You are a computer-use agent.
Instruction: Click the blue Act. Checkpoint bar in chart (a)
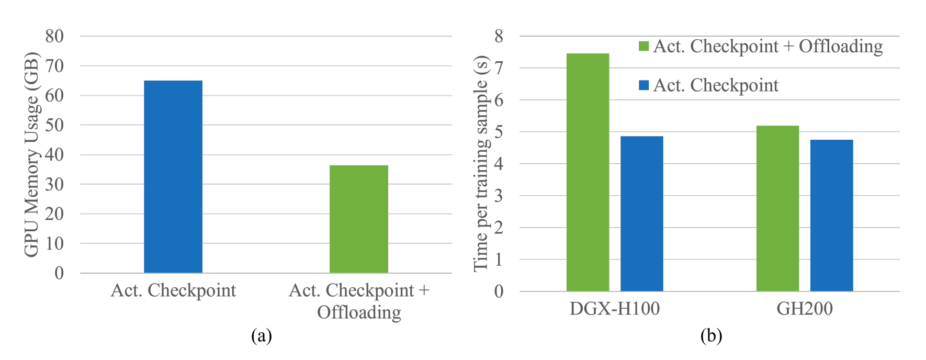[x=173, y=177]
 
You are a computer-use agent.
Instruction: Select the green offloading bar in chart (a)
[x=359, y=219]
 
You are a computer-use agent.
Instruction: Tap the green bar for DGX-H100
[x=588, y=172]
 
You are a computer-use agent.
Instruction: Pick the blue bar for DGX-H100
[x=641, y=213]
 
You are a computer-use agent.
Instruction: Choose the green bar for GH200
[x=777, y=208]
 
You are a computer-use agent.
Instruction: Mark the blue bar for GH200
[x=831, y=215]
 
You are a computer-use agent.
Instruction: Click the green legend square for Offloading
[x=644, y=47]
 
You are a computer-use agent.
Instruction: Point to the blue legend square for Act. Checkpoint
[x=644, y=85]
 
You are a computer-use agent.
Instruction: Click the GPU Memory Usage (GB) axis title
[x=31, y=154]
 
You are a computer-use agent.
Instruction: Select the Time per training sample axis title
[x=481, y=163]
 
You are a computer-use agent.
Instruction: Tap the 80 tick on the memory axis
[x=54, y=36]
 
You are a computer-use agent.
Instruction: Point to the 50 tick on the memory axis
[x=54, y=125]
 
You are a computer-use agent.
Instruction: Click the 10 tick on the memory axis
[x=54, y=243]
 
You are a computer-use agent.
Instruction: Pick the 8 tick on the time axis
[x=499, y=36]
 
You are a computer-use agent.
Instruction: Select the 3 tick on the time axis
[x=499, y=196]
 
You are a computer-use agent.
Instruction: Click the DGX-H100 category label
[x=614, y=309]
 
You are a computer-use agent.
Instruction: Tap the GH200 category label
[x=804, y=309]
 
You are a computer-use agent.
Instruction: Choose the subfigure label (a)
[x=261, y=335]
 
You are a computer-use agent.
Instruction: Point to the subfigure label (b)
[x=711, y=335]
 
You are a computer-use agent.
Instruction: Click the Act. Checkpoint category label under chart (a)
[x=173, y=290]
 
